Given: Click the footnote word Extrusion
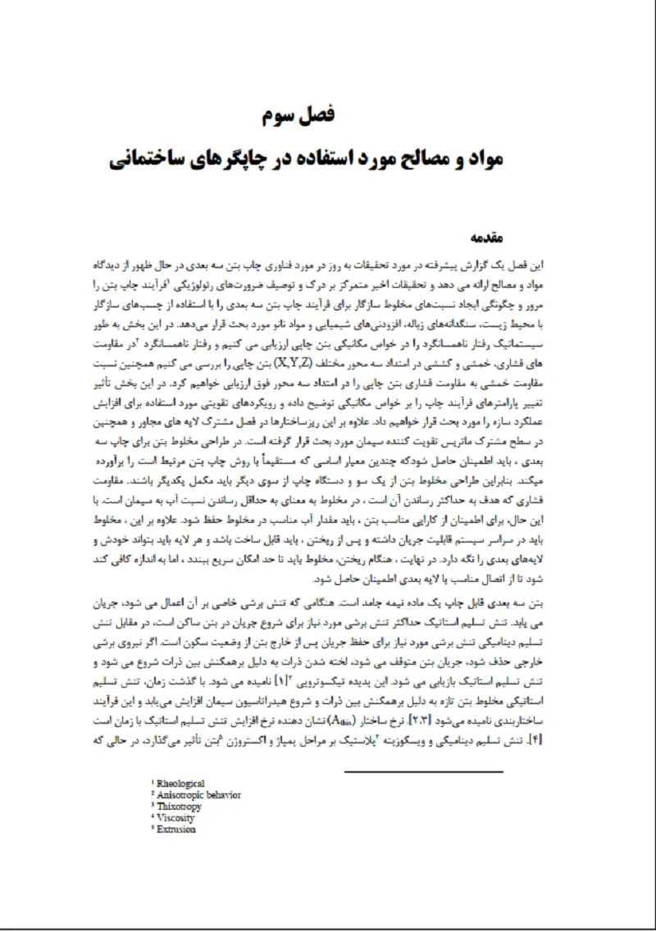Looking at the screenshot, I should (x=176, y=829).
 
